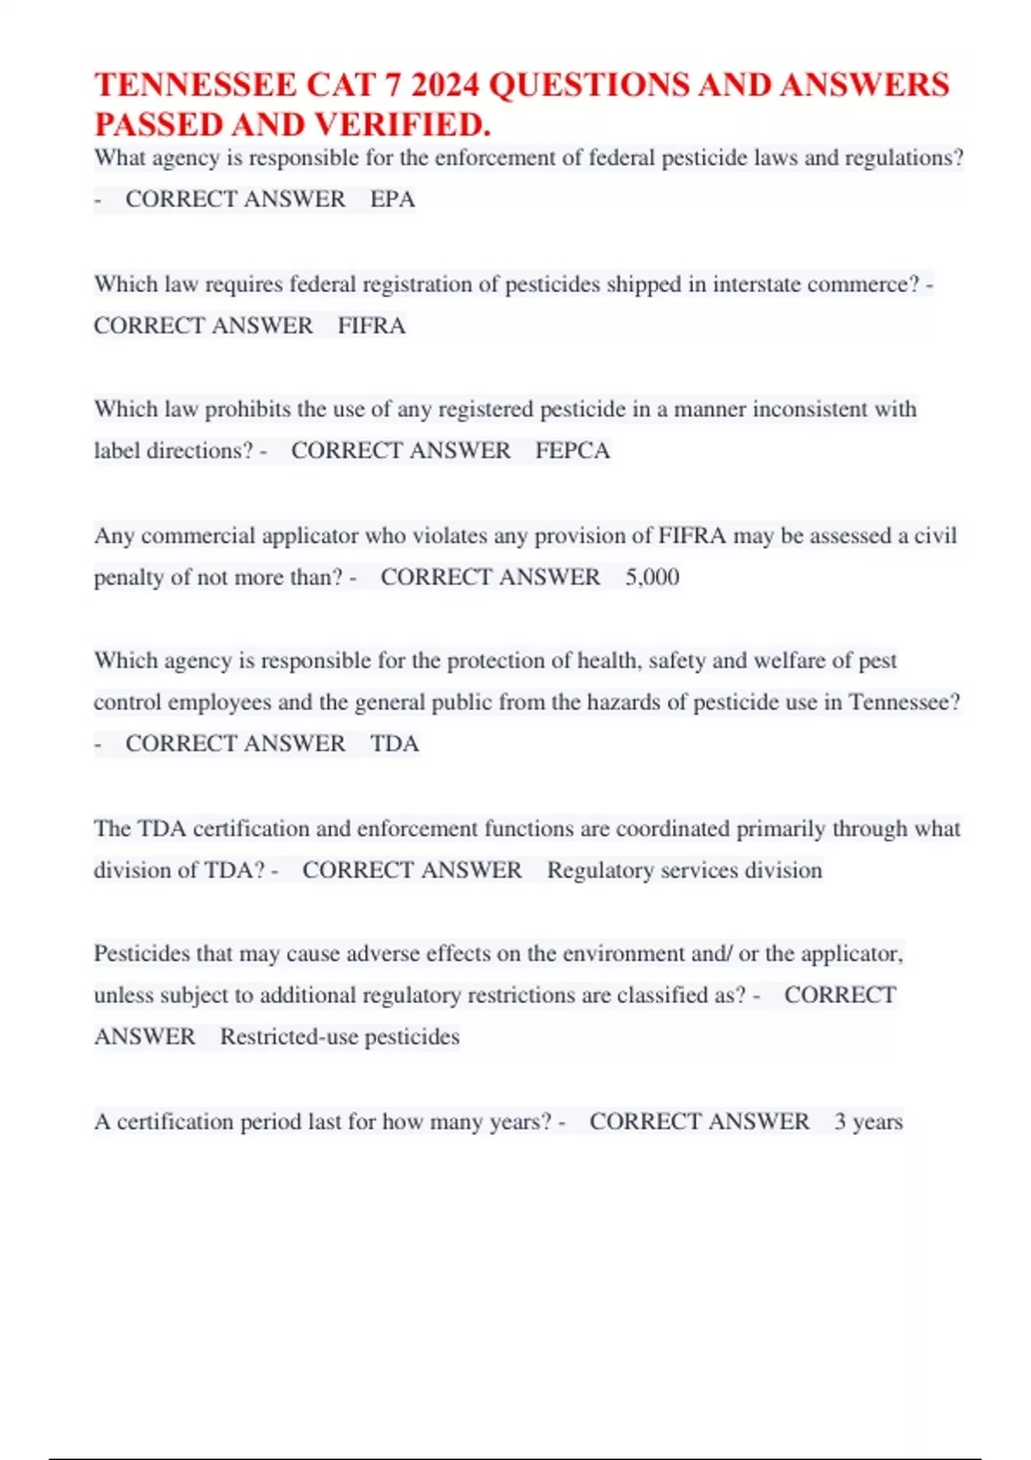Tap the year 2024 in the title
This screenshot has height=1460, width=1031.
tap(445, 85)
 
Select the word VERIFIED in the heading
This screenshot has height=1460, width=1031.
tap(401, 125)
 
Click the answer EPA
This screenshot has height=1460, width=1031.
tap(393, 199)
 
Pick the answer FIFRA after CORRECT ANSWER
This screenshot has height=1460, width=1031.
tap(371, 325)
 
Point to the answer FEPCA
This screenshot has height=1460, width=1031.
tap(572, 451)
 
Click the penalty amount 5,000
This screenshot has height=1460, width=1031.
tap(652, 577)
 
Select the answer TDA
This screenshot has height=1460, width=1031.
tap(394, 744)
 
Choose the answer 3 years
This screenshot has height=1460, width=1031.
tap(868, 1122)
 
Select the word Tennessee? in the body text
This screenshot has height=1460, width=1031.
tap(904, 703)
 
